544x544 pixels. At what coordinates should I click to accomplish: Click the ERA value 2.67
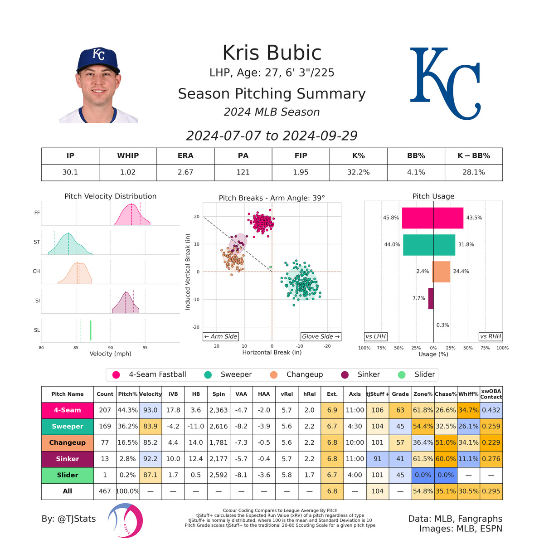tap(185, 172)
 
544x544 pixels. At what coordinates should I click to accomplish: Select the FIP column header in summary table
tap(301, 155)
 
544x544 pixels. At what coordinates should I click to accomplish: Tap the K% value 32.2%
tap(358, 172)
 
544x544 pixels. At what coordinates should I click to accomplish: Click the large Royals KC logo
tap(445, 84)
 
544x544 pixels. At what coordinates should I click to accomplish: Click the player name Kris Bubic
tap(272, 53)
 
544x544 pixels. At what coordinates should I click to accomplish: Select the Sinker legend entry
tap(369, 374)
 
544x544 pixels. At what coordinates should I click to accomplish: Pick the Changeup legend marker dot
tap(273, 375)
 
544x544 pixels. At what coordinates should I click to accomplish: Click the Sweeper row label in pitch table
tap(67, 426)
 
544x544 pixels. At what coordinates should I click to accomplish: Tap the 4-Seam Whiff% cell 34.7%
tap(468, 410)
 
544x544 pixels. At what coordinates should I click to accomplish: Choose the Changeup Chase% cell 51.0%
tap(445, 442)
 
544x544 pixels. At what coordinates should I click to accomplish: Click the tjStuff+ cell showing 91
tap(377, 459)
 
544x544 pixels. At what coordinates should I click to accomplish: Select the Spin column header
tap(219, 394)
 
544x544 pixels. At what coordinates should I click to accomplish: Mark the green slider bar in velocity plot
tap(91, 330)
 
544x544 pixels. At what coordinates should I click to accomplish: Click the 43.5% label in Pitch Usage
tap(474, 218)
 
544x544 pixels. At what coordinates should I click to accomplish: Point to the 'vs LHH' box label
tap(376, 336)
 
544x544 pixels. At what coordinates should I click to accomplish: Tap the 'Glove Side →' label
tap(321, 336)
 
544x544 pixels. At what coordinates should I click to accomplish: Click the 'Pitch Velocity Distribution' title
tap(110, 196)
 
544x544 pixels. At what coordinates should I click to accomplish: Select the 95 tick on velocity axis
tap(145, 348)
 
